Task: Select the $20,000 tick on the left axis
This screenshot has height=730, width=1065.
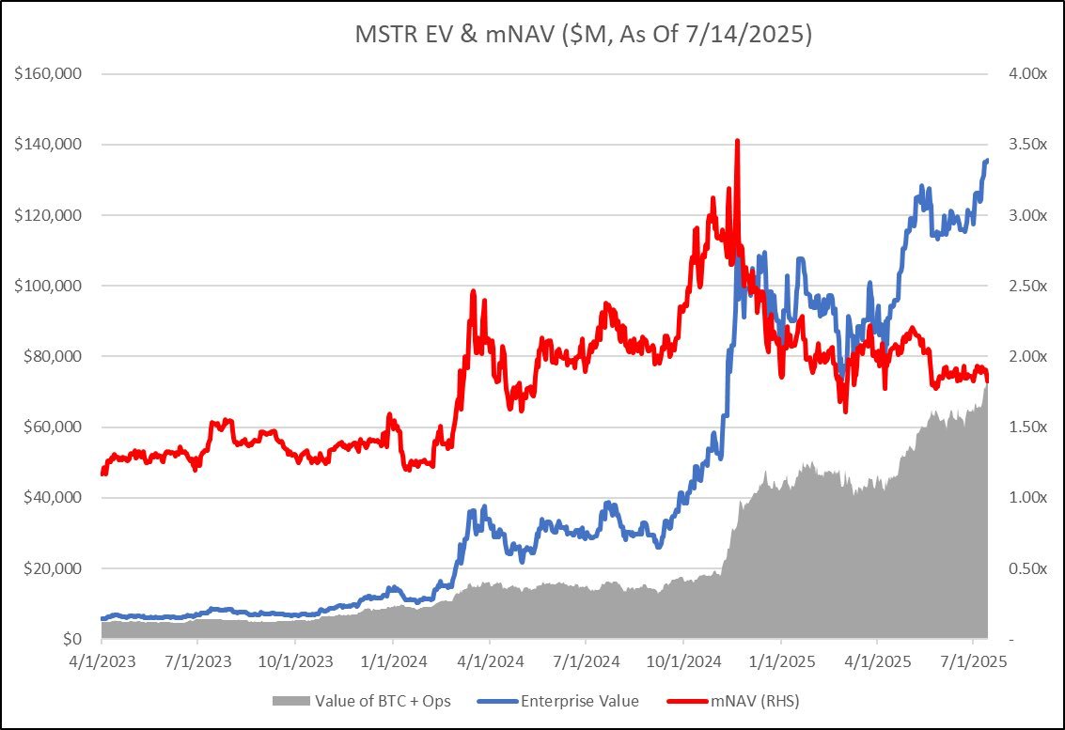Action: point(51,568)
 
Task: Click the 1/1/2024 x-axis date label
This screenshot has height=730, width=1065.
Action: point(392,660)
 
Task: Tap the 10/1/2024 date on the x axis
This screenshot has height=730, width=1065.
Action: point(681,660)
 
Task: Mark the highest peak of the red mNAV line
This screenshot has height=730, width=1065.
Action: point(737,141)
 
